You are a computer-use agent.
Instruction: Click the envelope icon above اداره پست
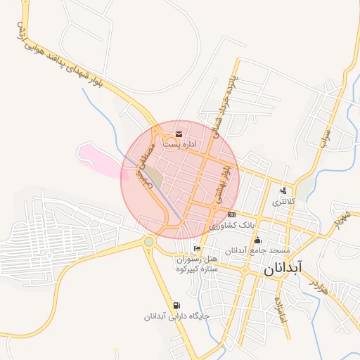[179, 134]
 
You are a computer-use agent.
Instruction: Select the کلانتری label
[284, 201]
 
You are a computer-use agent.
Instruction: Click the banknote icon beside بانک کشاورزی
[231, 214]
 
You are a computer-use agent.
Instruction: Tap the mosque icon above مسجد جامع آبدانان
[258, 239]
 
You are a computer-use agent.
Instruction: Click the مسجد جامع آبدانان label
[257, 250]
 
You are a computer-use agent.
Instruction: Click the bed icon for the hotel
[197, 248]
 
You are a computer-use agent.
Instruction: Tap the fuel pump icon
[175, 305]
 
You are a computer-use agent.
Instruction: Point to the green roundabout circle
[149, 242]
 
